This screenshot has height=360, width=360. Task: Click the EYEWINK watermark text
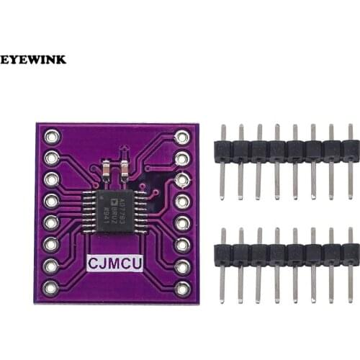click(33, 59)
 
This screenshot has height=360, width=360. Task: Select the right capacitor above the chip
click(124, 170)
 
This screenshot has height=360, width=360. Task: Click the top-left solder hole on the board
click(50, 136)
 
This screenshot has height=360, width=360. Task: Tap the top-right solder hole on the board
click(182, 136)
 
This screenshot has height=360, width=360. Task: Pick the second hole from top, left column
click(50, 158)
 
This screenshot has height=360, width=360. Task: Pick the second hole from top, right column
click(182, 158)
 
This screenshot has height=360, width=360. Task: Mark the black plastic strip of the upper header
click(287, 150)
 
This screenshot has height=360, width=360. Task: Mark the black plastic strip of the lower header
click(287, 253)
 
